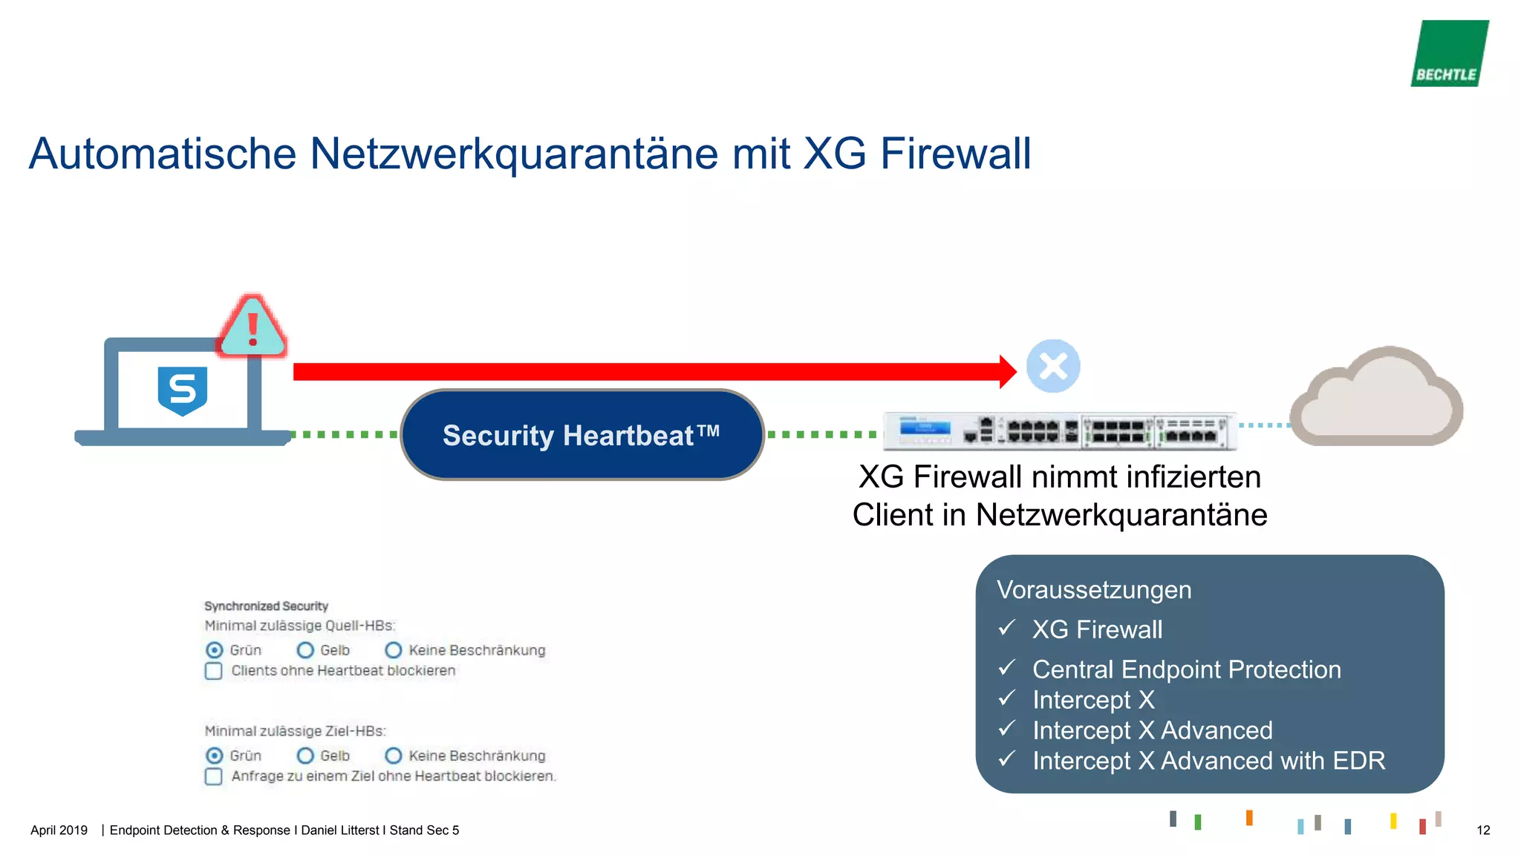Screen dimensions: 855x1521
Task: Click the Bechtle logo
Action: tap(1449, 53)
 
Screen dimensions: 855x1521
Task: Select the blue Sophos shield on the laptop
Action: tap(183, 390)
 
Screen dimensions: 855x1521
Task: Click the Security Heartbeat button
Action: tap(582, 435)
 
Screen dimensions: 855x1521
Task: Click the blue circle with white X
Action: tap(1053, 366)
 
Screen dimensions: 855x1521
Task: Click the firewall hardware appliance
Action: tap(1060, 431)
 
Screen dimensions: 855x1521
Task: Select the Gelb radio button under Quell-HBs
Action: tap(305, 650)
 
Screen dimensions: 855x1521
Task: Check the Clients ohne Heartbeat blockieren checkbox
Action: tap(214, 671)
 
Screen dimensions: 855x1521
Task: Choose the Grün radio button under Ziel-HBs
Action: tap(214, 756)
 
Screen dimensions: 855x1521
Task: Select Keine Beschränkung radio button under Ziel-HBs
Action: tap(394, 756)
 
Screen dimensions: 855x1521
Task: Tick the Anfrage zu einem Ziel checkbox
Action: tap(214, 776)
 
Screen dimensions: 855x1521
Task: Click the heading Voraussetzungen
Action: tap(1094, 590)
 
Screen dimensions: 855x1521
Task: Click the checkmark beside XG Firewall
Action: tap(1006, 629)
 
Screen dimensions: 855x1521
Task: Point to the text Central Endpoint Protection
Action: tap(1186, 669)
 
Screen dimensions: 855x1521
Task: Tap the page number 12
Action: tap(1482, 831)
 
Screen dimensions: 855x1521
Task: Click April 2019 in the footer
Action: tap(59, 831)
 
